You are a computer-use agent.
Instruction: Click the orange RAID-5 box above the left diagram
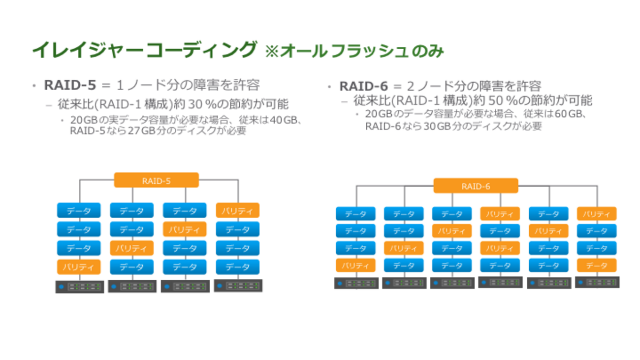coord(156,180)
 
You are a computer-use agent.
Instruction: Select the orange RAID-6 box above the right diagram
coord(476,186)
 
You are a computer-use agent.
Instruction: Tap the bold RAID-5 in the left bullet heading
coord(70,85)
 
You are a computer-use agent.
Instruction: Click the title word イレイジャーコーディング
coord(144,50)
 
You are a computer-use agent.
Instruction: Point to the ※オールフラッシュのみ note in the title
coord(354,51)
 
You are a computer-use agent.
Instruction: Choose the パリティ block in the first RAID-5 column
coord(79,267)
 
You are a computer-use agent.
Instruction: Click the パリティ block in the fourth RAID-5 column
coord(237,211)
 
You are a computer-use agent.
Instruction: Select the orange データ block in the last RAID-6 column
coord(596,265)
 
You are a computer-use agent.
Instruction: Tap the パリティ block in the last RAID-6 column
coord(596,214)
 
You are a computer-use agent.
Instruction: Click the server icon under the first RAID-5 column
coord(79,287)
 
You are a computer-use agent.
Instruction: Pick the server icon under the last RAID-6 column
coord(597,283)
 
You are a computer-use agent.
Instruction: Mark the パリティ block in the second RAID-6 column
coord(404,248)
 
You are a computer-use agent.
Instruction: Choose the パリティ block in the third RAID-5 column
coord(185,229)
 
